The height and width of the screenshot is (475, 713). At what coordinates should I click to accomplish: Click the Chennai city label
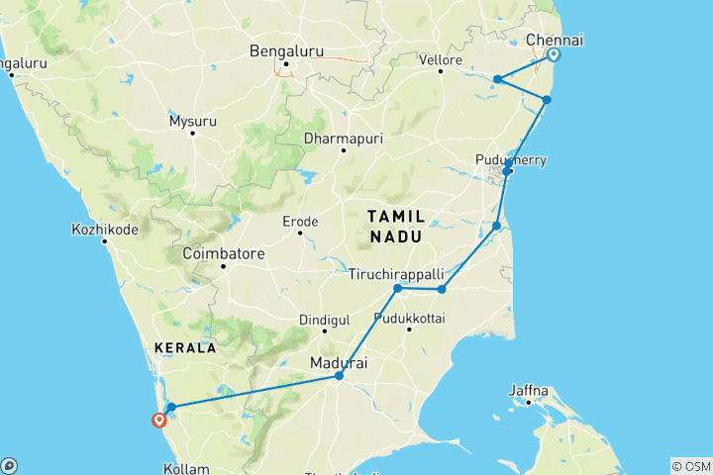pyautogui.click(x=555, y=40)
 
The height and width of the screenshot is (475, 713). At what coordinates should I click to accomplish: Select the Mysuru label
pyautogui.click(x=191, y=121)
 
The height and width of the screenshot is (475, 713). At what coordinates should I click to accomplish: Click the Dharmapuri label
pyautogui.click(x=344, y=139)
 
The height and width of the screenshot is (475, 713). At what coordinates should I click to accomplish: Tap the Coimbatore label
pyautogui.click(x=223, y=254)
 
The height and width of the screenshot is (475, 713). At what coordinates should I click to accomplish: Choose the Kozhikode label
pyautogui.click(x=104, y=229)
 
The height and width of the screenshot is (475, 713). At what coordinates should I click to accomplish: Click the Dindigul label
pyautogui.click(x=324, y=320)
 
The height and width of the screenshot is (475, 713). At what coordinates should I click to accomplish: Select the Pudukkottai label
pyautogui.click(x=409, y=318)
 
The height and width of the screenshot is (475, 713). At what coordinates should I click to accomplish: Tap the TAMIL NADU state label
pyautogui.click(x=396, y=227)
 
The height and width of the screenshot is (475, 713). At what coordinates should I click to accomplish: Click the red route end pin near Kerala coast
pyautogui.click(x=158, y=420)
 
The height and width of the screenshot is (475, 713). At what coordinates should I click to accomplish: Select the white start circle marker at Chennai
pyautogui.click(x=553, y=55)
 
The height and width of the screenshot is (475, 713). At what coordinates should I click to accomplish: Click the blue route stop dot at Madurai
pyautogui.click(x=340, y=376)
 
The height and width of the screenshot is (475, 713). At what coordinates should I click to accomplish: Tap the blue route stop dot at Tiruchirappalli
pyautogui.click(x=397, y=288)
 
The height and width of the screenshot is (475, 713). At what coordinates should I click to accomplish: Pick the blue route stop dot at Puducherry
pyautogui.click(x=507, y=171)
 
